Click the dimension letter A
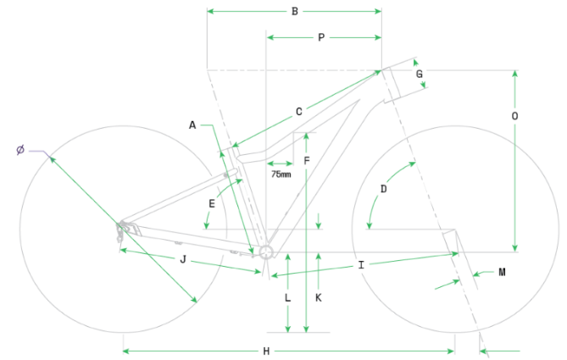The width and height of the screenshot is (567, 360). pos(192,125)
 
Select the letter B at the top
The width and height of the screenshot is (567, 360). pos(294,11)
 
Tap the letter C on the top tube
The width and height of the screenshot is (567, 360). pos(298,111)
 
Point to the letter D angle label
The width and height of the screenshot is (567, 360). pos(383,189)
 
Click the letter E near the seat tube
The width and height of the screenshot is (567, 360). pos(211,203)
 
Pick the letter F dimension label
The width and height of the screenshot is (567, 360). pos(307,160)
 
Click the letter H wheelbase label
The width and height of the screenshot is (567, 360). pos(265,351)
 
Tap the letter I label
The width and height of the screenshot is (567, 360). pos(361,265)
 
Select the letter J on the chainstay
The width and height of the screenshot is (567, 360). pos(182,258)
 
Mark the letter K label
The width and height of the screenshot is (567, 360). pos(318,298)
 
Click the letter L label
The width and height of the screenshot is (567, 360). pos(288,298)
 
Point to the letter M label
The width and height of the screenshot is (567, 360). pos(502,272)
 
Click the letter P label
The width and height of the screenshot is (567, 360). pos(321,37)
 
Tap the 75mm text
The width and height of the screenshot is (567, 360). pos(281,174)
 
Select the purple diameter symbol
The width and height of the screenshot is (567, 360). pos(20,150)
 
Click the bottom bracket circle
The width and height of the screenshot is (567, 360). pos(265,252)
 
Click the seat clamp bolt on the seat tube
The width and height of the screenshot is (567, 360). pos(227,174)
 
